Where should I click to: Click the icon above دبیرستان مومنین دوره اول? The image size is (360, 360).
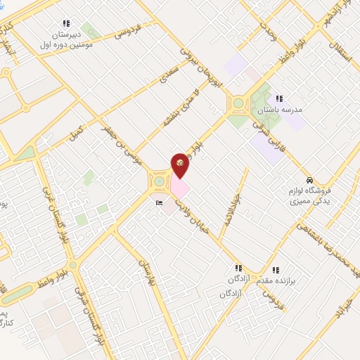(66, 22)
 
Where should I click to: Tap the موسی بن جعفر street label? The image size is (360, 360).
(120, 142)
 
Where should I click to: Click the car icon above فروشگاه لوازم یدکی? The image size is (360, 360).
(310, 179)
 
